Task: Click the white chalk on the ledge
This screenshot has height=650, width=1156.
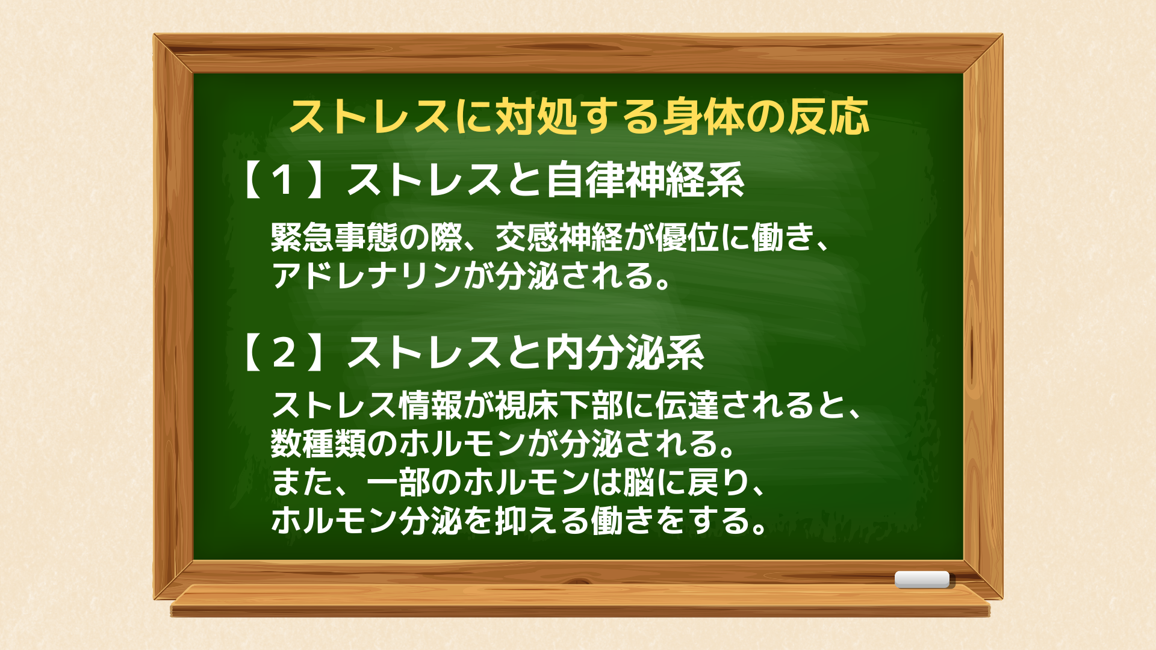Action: tap(922, 580)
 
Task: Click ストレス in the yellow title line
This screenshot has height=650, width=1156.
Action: tap(370, 116)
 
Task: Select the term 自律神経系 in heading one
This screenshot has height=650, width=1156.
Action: tap(645, 180)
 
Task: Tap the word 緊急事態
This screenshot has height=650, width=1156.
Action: tap(334, 237)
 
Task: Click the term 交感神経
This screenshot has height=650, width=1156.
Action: tap(559, 237)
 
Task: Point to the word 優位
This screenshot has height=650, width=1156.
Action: tap(686, 237)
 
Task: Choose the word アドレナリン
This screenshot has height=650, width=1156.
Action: tap(367, 276)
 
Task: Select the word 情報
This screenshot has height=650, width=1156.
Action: tap(430, 404)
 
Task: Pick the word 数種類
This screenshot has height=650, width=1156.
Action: tap(319, 443)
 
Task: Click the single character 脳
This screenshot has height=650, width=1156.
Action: tap(638, 481)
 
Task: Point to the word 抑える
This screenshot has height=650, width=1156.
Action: tap(542, 520)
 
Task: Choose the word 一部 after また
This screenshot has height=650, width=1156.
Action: tap(398, 481)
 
